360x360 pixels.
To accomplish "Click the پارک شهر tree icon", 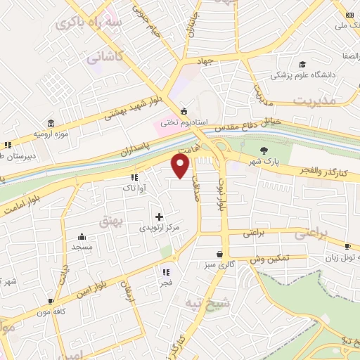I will [264, 150].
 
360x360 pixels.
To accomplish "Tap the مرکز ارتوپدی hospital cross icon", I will [160, 217].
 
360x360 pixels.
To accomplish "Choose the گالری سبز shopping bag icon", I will [221, 254].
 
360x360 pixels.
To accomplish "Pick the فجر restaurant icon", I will [167, 272].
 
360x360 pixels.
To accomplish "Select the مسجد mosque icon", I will [83, 236].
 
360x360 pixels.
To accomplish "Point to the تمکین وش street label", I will [269, 260].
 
